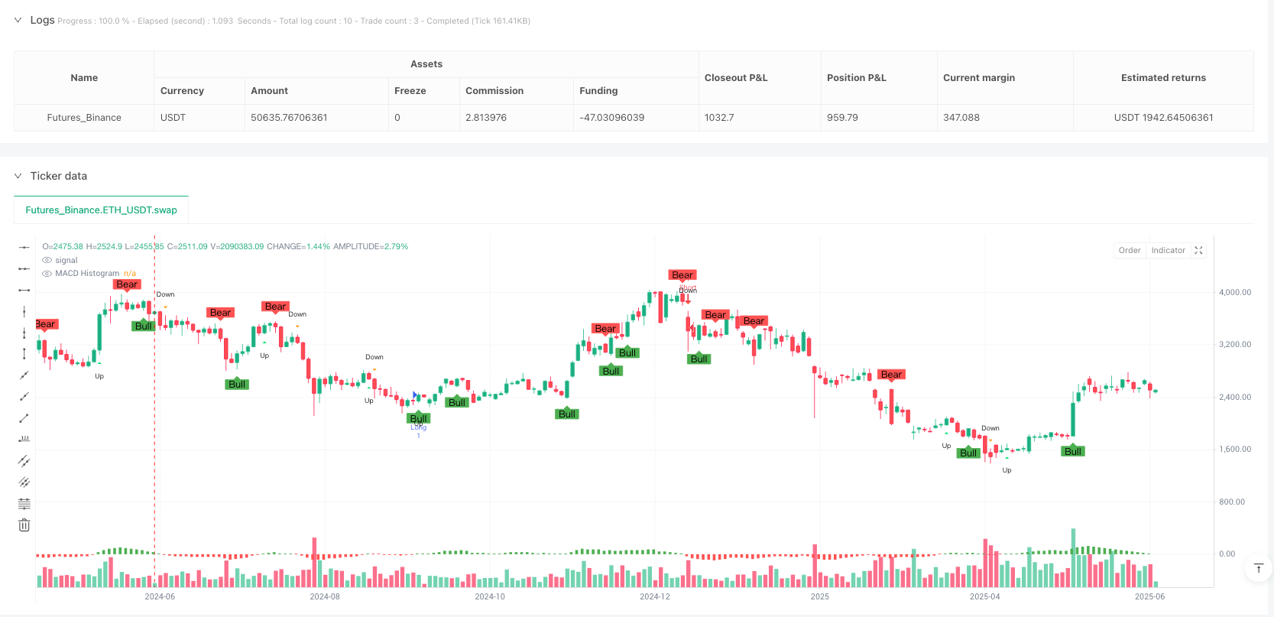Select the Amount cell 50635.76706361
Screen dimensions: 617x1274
(x=289, y=118)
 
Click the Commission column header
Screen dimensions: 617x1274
(x=494, y=91)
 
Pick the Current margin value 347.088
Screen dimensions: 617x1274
(x=961, y=118)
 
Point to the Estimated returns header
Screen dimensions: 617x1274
(x=1163, y=78)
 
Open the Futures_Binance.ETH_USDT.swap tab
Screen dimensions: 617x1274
(x=101, y=210)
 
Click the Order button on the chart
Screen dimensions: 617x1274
(x=1129, y=251)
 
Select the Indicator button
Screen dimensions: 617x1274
(x=1168, y=251)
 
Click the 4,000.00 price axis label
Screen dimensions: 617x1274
(x=1235, y=293)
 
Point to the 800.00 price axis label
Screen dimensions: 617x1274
(x=1232, y=502)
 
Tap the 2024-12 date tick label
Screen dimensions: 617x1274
(x=654, y=596)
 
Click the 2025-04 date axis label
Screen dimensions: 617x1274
(x=984, y=596)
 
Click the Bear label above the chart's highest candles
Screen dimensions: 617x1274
(x=682, y=275)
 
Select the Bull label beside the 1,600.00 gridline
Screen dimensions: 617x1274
(x=1073, y=452)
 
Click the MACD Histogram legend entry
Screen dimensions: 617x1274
(x=87, y=274)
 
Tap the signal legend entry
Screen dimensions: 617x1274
(x=66, y=261)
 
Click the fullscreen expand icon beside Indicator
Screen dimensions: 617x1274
(x=1198, y=251)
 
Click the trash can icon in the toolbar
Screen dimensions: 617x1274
(x=24, y=525)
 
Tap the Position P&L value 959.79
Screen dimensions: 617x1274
(x=842, y=118)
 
